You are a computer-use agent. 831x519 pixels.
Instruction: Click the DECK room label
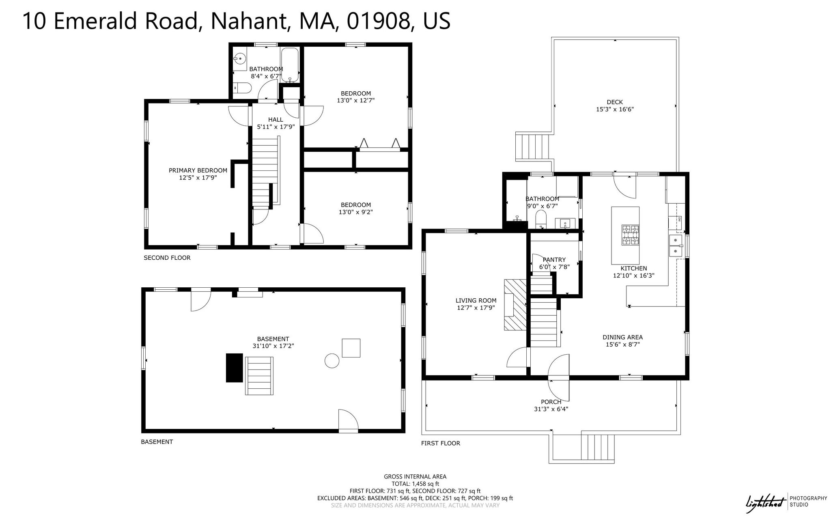pos(615,102)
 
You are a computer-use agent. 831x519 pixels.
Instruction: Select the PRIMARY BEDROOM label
pos(198,170)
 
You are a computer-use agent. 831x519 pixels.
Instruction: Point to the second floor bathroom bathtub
pos(290,65)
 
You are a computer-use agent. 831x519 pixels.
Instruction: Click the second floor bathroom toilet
pos(243,88)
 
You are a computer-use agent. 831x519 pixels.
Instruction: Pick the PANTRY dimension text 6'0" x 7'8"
pos(554,267)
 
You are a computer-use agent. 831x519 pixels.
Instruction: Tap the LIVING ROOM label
pos(476,301)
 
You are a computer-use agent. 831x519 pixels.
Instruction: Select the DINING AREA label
pos(622,337)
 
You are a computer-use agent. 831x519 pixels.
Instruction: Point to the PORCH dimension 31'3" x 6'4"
pos(551,409)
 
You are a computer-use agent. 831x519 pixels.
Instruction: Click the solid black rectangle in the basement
pos(235,368)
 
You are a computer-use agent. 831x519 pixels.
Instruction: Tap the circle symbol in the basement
pos(332,361)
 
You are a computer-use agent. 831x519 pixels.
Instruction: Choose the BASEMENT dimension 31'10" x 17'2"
pos(273,346)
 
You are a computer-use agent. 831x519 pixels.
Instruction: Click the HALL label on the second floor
pos(276,120)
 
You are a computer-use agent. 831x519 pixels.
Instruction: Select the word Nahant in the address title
pos(250,21)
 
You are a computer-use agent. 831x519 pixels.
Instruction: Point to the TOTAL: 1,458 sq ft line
pos(415,484)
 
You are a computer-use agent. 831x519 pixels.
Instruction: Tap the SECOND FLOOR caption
pos(167,258)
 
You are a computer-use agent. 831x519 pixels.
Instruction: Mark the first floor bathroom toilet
pos(541,220)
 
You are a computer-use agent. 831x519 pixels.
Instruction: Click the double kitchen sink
pos(676,246)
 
